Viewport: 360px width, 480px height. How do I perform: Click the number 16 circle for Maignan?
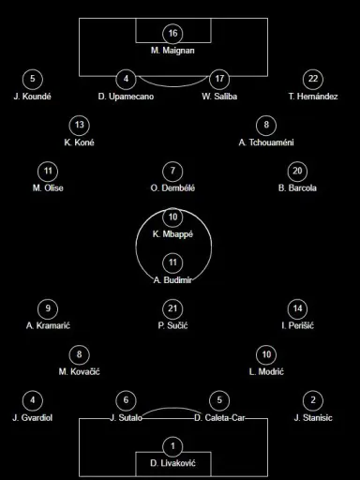(x=172, y=33)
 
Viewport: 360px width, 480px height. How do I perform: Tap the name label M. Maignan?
(x=172, y=51)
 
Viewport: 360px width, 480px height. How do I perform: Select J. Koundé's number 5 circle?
(x=33, y=79)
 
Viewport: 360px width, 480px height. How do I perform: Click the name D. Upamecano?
(x=126, y=97)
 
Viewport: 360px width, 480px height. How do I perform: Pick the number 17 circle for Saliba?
(x=219, y=79)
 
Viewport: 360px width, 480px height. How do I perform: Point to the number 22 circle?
(x=313, y=79)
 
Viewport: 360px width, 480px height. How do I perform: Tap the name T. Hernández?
(x=313, y=97)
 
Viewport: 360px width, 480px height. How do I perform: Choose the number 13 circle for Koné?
(x=80, y=125)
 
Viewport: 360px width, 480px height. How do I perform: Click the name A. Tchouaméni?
(x=266, y=142)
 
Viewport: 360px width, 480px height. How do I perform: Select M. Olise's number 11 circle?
(x=48, y=171)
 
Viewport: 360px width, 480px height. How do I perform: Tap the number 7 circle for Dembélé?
(x=172, y=171)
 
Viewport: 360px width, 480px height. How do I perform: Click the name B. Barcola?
(x=297, y=188)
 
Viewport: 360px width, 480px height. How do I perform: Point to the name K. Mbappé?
(x=172, y=234)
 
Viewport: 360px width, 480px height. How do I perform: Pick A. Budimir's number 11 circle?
(x=172, y=262)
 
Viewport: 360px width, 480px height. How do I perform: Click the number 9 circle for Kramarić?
(x=48, y=308)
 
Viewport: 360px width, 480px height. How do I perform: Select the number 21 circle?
(x=172, y=308)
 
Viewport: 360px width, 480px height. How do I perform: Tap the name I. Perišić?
(x=297, y=325)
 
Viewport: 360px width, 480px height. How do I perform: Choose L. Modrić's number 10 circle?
(x=266, y=354)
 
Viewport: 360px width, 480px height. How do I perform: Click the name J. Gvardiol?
(x=33, y=418)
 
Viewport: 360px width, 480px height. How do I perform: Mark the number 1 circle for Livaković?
(x=172, y=446)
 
